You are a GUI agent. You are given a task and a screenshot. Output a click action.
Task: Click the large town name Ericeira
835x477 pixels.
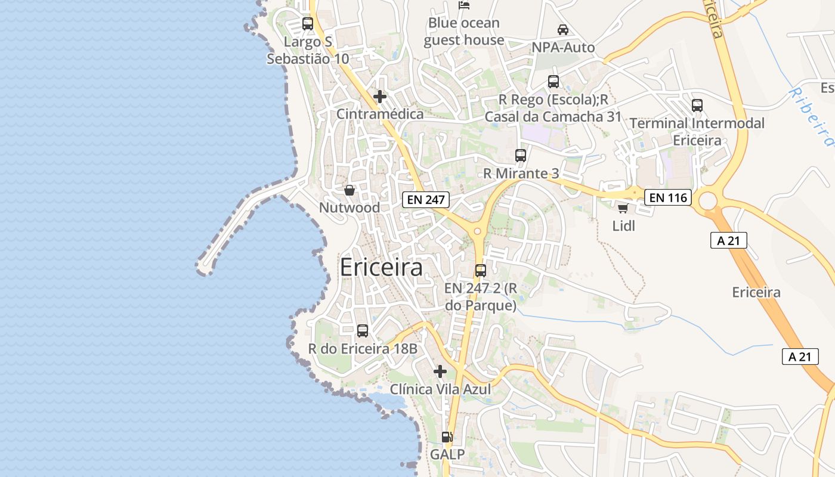pos(381,268)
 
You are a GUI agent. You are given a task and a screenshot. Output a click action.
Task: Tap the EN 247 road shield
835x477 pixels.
pos(425,200)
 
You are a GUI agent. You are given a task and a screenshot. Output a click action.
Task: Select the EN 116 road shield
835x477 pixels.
pos(668,197)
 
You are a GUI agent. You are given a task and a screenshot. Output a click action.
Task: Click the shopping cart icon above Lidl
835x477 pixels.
pos(623,208)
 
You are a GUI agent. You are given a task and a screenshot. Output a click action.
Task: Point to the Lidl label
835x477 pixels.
pos(624,226)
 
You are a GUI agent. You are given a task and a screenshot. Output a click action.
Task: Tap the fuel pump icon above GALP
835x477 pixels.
pos(447,437)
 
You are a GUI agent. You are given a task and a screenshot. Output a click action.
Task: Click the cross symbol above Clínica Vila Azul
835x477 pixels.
pos(440,371)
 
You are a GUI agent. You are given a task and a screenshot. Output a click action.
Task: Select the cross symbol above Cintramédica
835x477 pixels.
pos(380,96)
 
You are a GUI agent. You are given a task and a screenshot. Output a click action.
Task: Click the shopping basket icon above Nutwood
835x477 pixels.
pos(350,190)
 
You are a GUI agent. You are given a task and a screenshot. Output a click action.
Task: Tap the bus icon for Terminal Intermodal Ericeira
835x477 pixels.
pos(697,106)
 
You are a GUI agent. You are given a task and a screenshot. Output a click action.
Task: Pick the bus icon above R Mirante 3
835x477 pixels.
pos(521,156)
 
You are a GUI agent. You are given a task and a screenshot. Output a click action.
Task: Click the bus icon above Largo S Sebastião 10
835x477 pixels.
pos(308,24)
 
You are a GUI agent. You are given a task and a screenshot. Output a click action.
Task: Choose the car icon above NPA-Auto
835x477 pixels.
pos(563,29)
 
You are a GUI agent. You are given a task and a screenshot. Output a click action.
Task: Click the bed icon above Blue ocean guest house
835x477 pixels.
pos(464,5)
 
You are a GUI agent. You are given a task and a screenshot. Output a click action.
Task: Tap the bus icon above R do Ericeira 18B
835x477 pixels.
pos(363,330)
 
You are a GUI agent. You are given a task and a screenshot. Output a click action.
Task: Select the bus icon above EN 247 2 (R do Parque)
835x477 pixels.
pos(481,271)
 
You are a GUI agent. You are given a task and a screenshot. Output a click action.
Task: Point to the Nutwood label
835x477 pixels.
pos(350,208)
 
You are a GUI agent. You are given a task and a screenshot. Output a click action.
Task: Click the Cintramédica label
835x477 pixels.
pos(380,114)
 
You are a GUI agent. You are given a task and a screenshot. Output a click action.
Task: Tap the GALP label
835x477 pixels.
pos(447,455)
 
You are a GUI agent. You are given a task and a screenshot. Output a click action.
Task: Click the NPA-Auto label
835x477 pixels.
pos(563,47)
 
